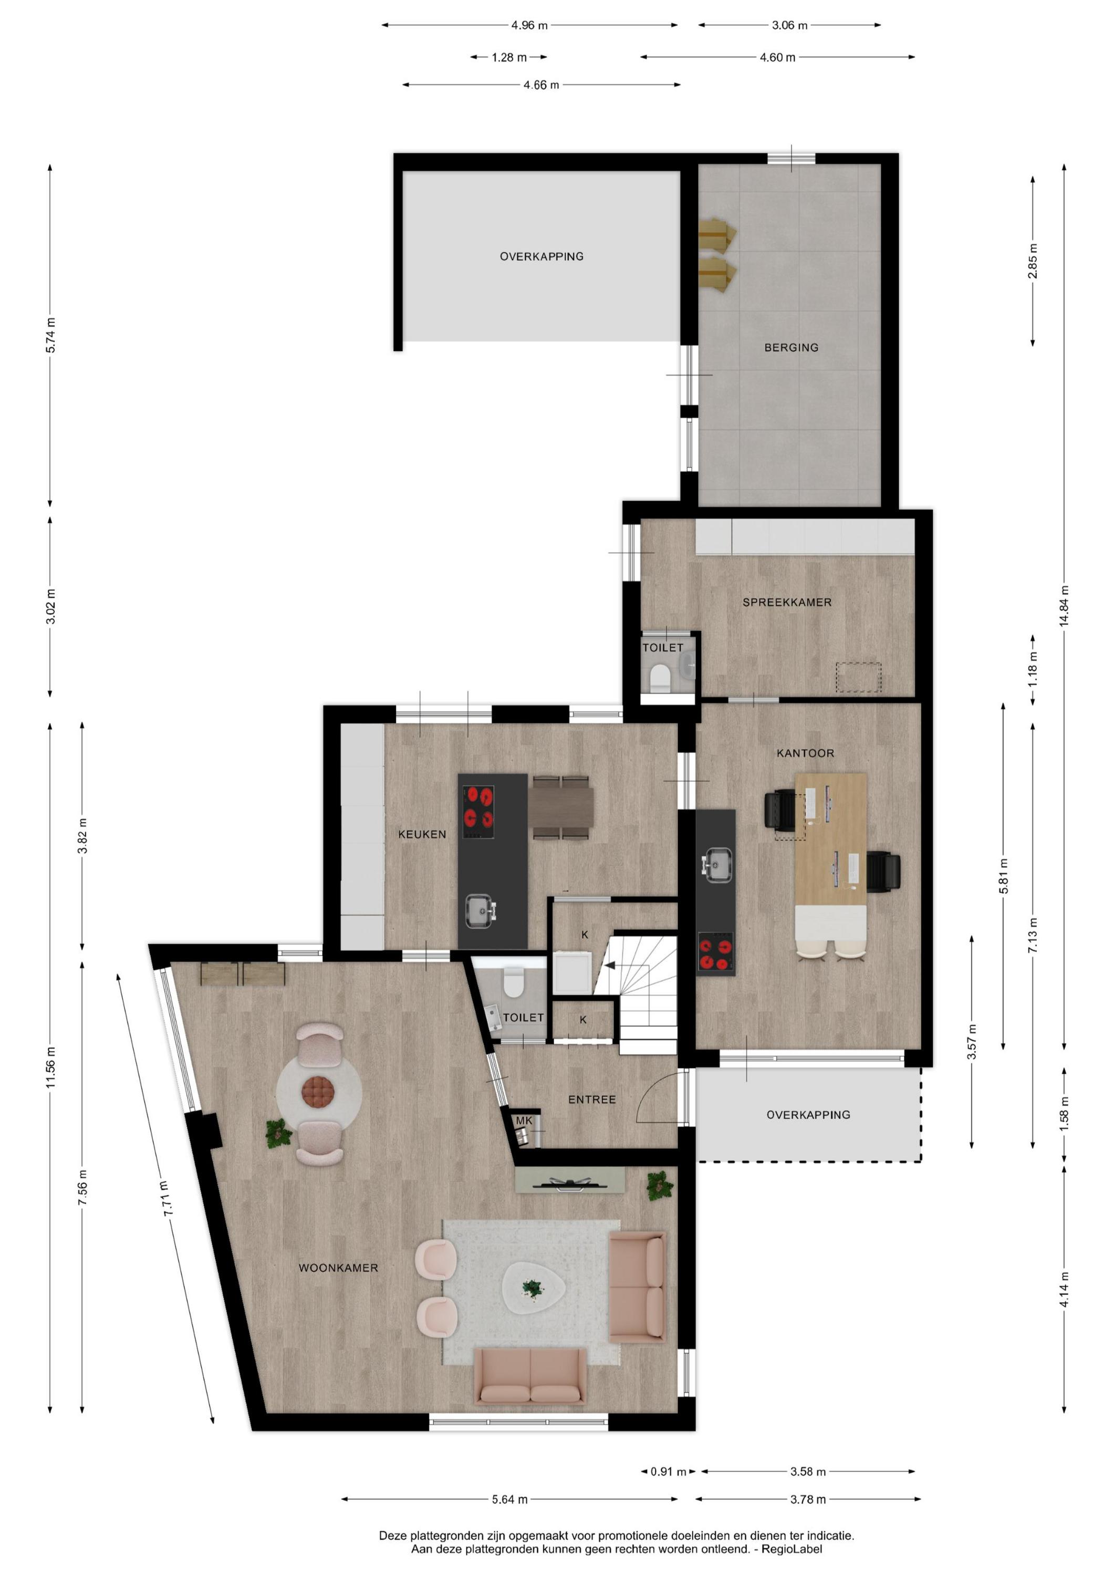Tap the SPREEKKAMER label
(787, 602)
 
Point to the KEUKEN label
(422, 834)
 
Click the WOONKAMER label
(338, 1268)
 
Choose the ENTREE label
(591, 1100)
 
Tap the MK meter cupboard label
(524, 1120)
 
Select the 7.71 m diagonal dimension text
(166, 1198)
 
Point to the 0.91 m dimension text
(668, 1471)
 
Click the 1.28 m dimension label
(509, 58)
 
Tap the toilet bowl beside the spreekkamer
(660, 676)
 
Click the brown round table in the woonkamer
(318, 1091)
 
